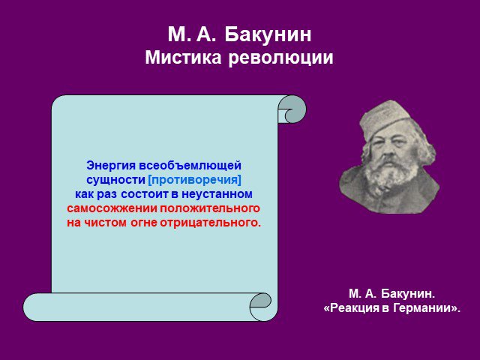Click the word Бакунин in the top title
click(x=268, y=34)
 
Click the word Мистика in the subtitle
click(x=183, y=57)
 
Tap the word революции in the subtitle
click(x=280, y=57)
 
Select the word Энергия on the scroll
click(x=111, y=166)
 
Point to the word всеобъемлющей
click(x=190, y=166)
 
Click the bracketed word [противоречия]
click(x=195, y=180)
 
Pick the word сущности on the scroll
click(x=115, y=180)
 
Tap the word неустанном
click(x=217, y=194)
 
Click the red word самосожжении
click(x=112, y=208)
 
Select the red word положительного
click(x=210, y=208)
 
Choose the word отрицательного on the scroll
click(x=210, y=223)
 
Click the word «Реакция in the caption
click(x=352, y=308)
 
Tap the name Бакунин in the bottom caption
click(x=408, y=293)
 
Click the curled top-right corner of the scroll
click(x=292, y=109)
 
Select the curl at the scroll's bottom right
click(x=260, y=307)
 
